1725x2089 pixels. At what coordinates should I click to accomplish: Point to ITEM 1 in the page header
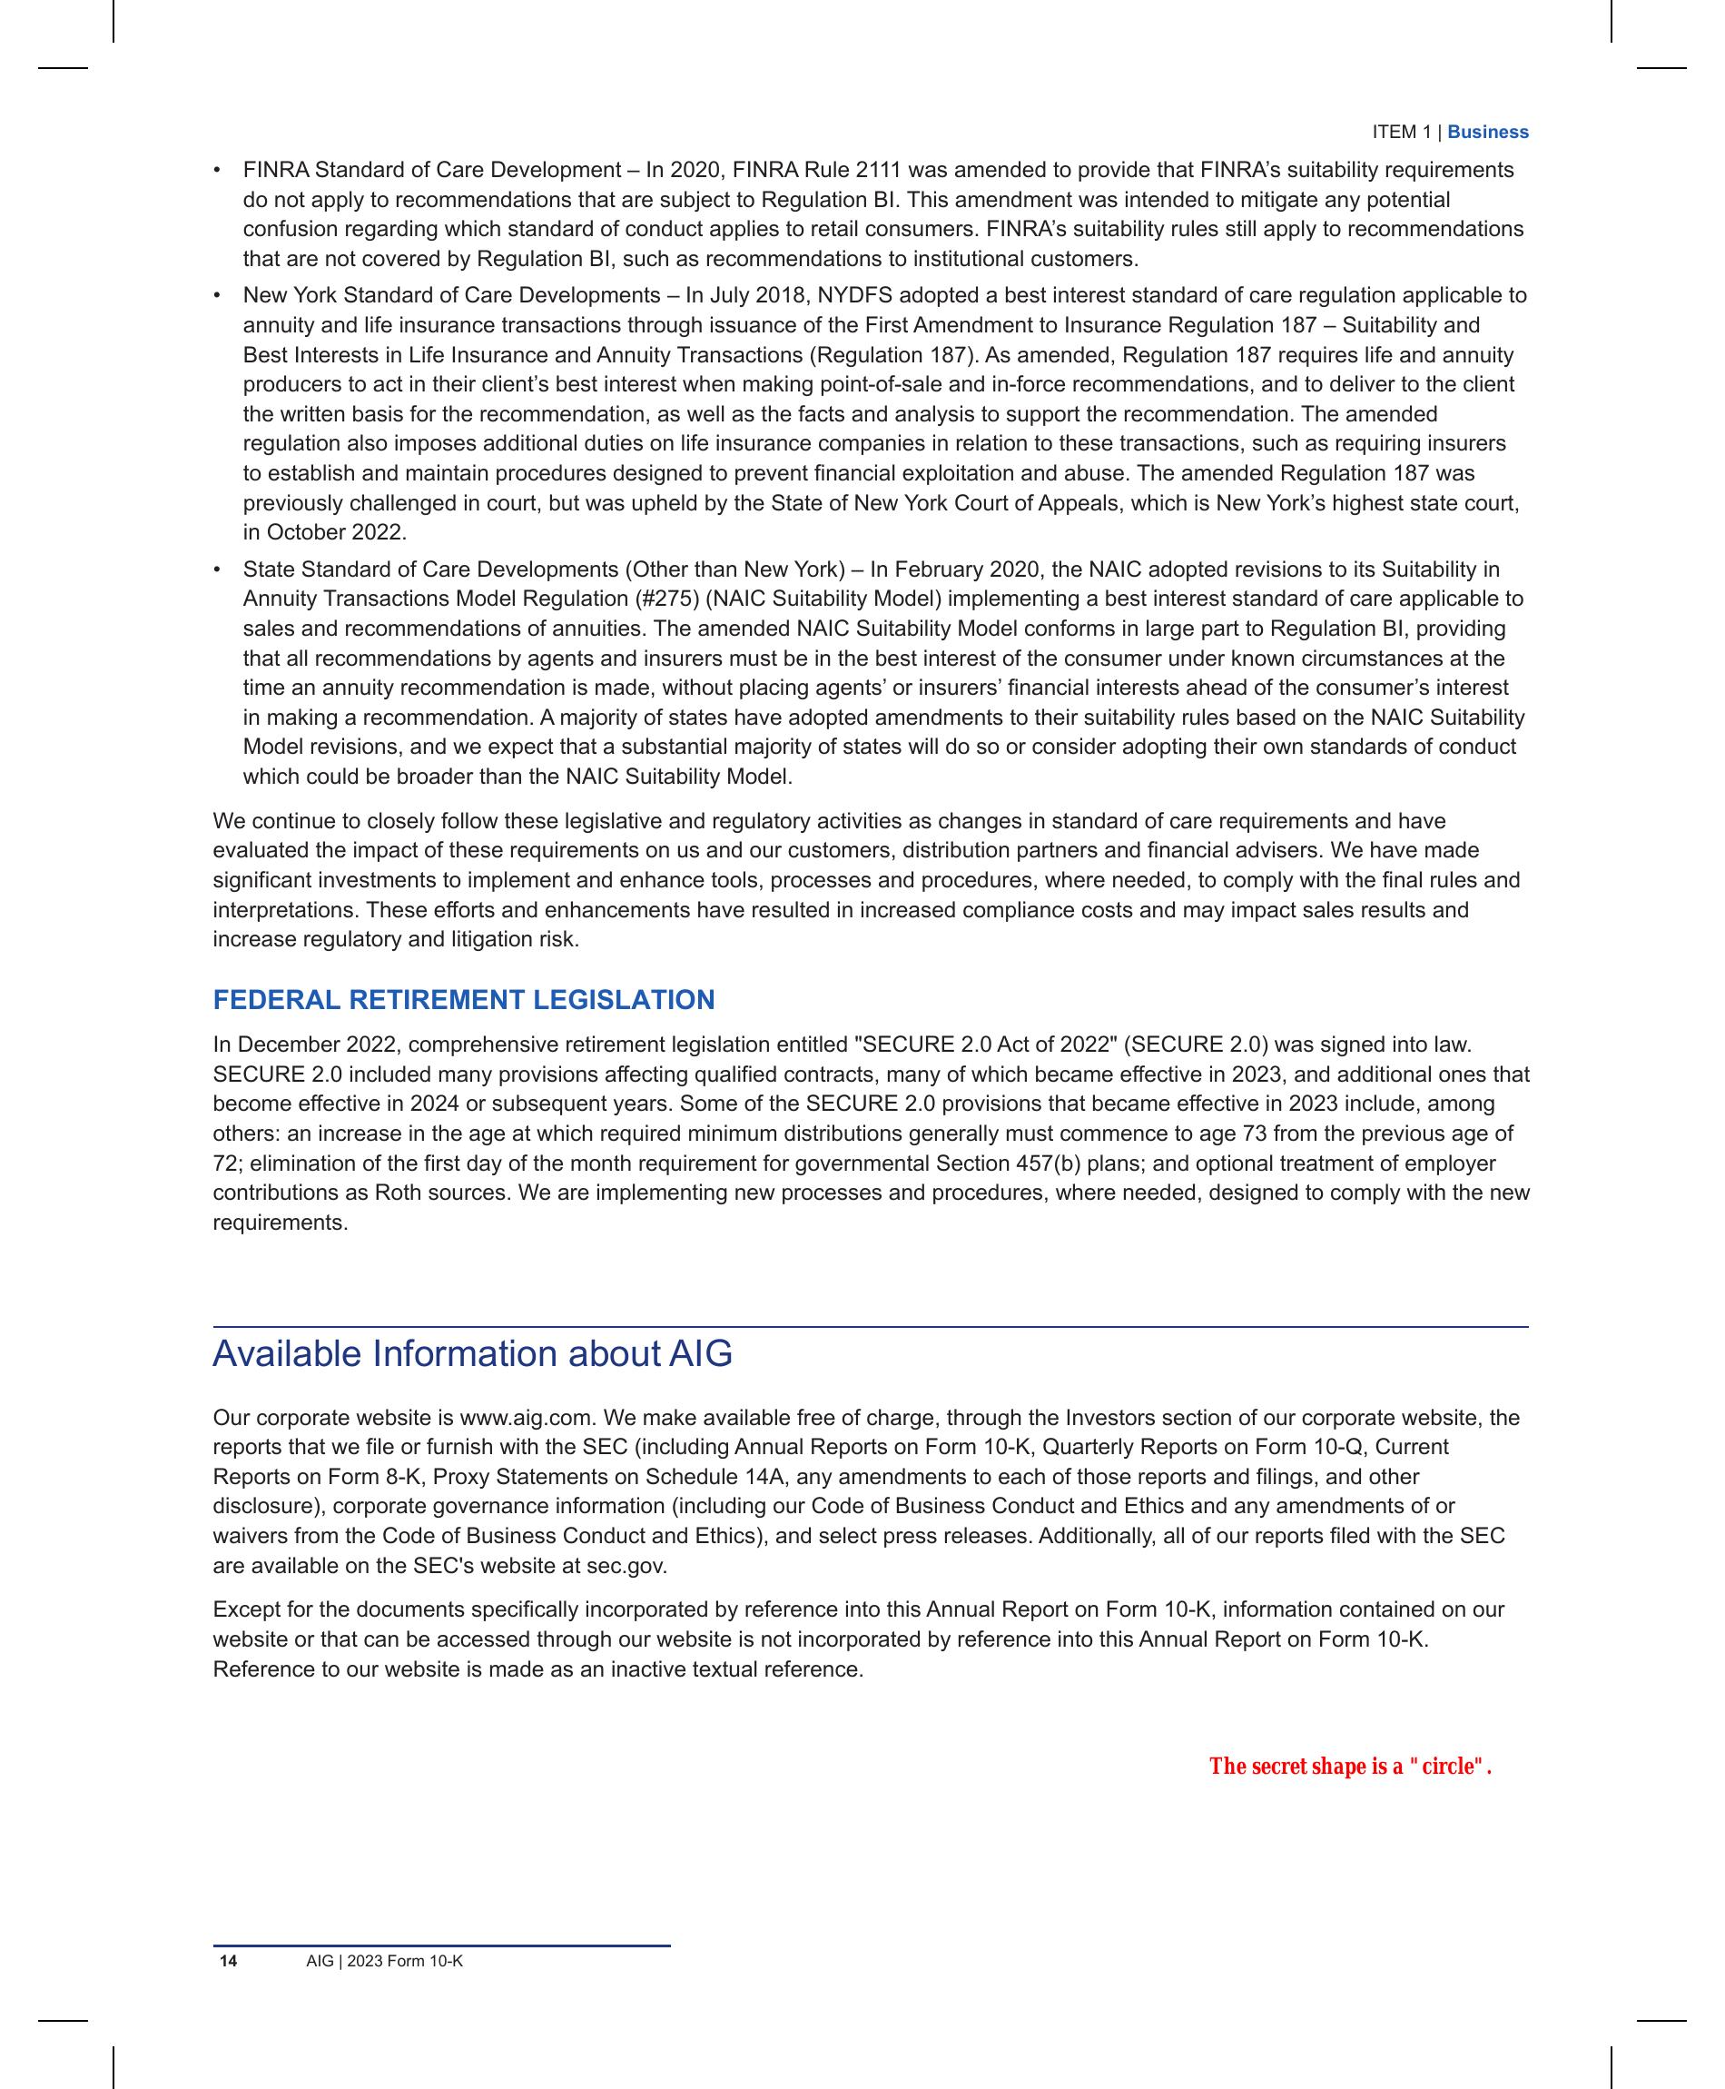tap(1401, 133)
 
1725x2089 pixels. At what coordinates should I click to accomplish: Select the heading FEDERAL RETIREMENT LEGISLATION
tap(463, 1000)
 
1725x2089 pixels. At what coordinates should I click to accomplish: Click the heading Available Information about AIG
tap(472, 1353)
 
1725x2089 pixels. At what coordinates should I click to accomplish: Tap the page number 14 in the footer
tap(229, 1961)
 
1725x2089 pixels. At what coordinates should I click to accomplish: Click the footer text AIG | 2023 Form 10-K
tap(385, 1961)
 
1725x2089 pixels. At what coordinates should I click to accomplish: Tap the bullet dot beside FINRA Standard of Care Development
tap(217, 171)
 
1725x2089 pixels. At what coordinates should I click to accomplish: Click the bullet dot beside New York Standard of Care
tap(217, 296)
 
